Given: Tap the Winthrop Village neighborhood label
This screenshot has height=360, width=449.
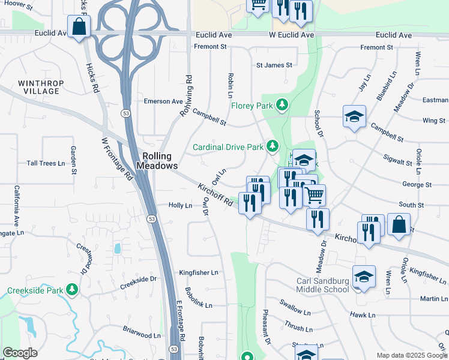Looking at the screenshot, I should pyautogui.click(x=38, y=87).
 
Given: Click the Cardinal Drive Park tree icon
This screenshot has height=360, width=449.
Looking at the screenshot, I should pyautogui.click(x=273, y=146).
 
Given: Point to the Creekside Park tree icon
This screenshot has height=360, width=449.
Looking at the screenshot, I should pyautogui.click(x=73, y=290).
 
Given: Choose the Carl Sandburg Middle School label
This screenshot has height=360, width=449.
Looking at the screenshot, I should pyautogui.click(x=323, y=285).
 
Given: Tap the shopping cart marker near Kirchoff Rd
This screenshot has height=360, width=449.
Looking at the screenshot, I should pyautogui.click(x=315, y=194).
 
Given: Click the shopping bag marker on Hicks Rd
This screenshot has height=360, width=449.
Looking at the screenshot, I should pyautogui.click(x=79, y=27).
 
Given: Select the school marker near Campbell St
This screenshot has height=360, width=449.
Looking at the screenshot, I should pyautogui.click(x=354, y=116).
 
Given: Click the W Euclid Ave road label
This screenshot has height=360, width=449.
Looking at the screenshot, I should pyautogui.click(x=291, y=35).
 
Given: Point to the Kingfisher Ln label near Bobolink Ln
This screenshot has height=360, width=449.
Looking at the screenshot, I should pyautogui.click(x=199, y=272).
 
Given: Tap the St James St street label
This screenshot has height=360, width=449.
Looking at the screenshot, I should pyautogui.click(x=274, y=65).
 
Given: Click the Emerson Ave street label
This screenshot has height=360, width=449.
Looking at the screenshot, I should pyautogui.click(x=163, y=101).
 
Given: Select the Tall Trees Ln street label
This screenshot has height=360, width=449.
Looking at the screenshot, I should pyautogui.click(x=46, y=163).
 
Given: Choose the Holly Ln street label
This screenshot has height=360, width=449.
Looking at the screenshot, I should pyautogui.click(x=180, y=205).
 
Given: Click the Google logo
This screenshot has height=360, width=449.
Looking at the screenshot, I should pyautogui.click(x=20, y=353).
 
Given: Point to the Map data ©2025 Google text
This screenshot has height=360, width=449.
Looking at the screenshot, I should pyautogui.click(x=411, y=355).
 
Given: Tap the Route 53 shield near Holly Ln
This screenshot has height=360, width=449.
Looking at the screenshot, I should pyautogui.click(x=152, y=220).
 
